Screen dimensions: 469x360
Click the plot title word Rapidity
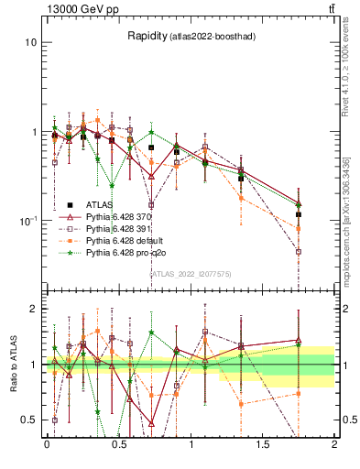tap(147, 36)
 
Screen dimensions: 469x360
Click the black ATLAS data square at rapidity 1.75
tap(299, 214)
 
